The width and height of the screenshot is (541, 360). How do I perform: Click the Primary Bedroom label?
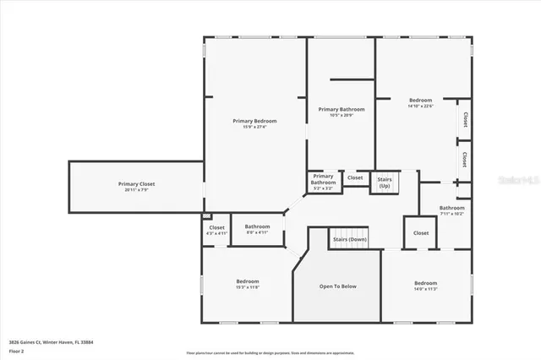[254, 121]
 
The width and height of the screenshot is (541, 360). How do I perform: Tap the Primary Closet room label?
[136, 183]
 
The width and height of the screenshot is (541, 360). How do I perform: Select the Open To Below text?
[337, 286]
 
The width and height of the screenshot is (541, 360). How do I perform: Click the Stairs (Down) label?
[350, 239]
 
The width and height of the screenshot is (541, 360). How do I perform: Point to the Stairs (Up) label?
[385, 179]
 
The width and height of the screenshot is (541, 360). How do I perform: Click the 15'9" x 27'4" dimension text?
[254, 128]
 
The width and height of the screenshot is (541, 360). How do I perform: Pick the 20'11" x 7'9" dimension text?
[136, 189]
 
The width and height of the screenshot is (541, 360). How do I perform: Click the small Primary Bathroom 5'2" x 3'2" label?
[323, 180]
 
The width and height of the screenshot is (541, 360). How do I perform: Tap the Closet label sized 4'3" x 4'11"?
[217, 230]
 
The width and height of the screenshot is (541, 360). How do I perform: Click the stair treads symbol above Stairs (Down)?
[349, 232]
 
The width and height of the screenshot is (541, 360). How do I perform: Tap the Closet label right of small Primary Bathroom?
[355, 177]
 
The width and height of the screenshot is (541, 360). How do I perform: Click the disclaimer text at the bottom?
[270, 352]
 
